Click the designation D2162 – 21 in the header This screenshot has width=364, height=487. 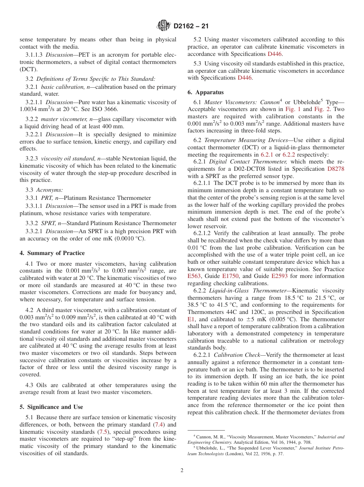191,26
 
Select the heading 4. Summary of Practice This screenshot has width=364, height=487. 52,253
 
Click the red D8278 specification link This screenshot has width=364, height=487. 336,169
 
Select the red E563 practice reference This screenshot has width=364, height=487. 194,276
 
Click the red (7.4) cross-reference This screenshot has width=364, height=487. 159,425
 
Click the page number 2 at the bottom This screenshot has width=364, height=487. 182,471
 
